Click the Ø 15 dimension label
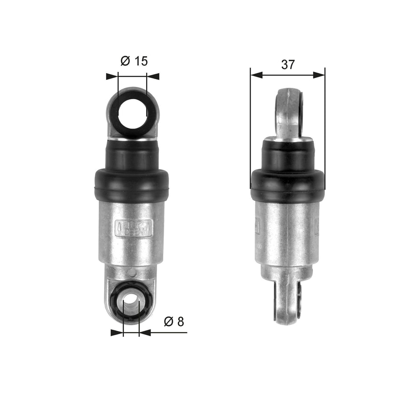pos(134,61)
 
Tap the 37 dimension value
pos(288,65)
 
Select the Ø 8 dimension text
pos(174,322)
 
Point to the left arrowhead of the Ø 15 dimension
pos(113,76)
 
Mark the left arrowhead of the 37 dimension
pos(256,75)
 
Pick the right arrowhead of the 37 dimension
pos(319,75)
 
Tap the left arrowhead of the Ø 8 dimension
pos(117,333)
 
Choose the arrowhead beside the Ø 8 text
pos(145,333)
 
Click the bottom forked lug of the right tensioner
pos(288,303)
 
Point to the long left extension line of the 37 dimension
pos(250,132)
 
